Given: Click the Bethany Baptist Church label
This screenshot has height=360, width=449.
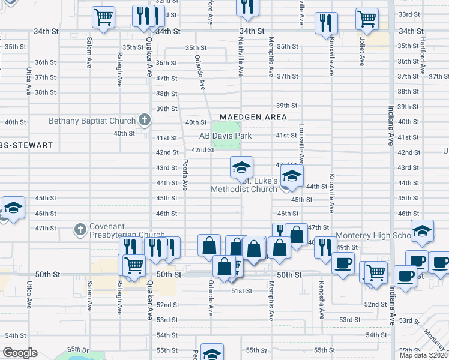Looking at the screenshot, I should pos(92,121).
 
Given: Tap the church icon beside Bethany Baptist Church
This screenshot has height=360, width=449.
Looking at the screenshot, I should pos(143,121).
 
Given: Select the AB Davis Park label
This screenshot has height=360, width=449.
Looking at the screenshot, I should pos(225,136).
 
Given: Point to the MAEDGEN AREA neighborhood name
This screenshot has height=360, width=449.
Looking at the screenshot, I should pos(253,117).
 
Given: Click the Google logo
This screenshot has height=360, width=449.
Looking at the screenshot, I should pos(20,353).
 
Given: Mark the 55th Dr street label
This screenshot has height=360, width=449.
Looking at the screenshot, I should pos(77,349).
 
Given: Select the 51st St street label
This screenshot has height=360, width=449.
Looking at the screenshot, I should pos(241,291).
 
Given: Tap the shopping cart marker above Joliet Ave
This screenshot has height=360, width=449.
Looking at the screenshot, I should pos(366,19).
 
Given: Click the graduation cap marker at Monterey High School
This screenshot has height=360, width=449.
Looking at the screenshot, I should pos(422,232).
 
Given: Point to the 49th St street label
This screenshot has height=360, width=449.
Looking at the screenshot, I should pos(346,247).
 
